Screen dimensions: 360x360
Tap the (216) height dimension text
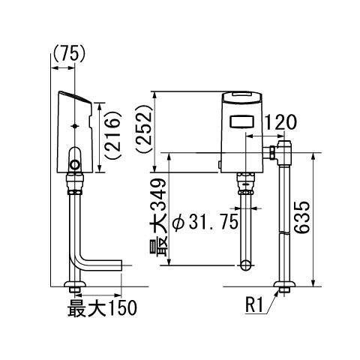point(112,135)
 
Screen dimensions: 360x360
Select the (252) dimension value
point(144,128)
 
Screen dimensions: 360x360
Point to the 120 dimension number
point(280,123)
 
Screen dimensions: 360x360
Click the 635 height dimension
point(301,217)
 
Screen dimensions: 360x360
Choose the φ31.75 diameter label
point(205,222)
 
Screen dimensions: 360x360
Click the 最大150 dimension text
point(102,308)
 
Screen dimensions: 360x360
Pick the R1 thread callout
point(254,305)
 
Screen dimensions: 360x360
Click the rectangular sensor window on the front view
point(241,121)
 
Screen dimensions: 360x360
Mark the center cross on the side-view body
point(75,126)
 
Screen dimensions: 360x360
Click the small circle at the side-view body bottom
point(75,165)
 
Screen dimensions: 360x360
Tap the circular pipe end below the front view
point(246,265)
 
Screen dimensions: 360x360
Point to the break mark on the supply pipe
point(285,232)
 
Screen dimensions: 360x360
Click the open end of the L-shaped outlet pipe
point(121,265)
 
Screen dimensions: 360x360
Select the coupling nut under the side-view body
point(75,184)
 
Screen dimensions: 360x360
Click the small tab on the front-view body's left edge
point(220,165)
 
